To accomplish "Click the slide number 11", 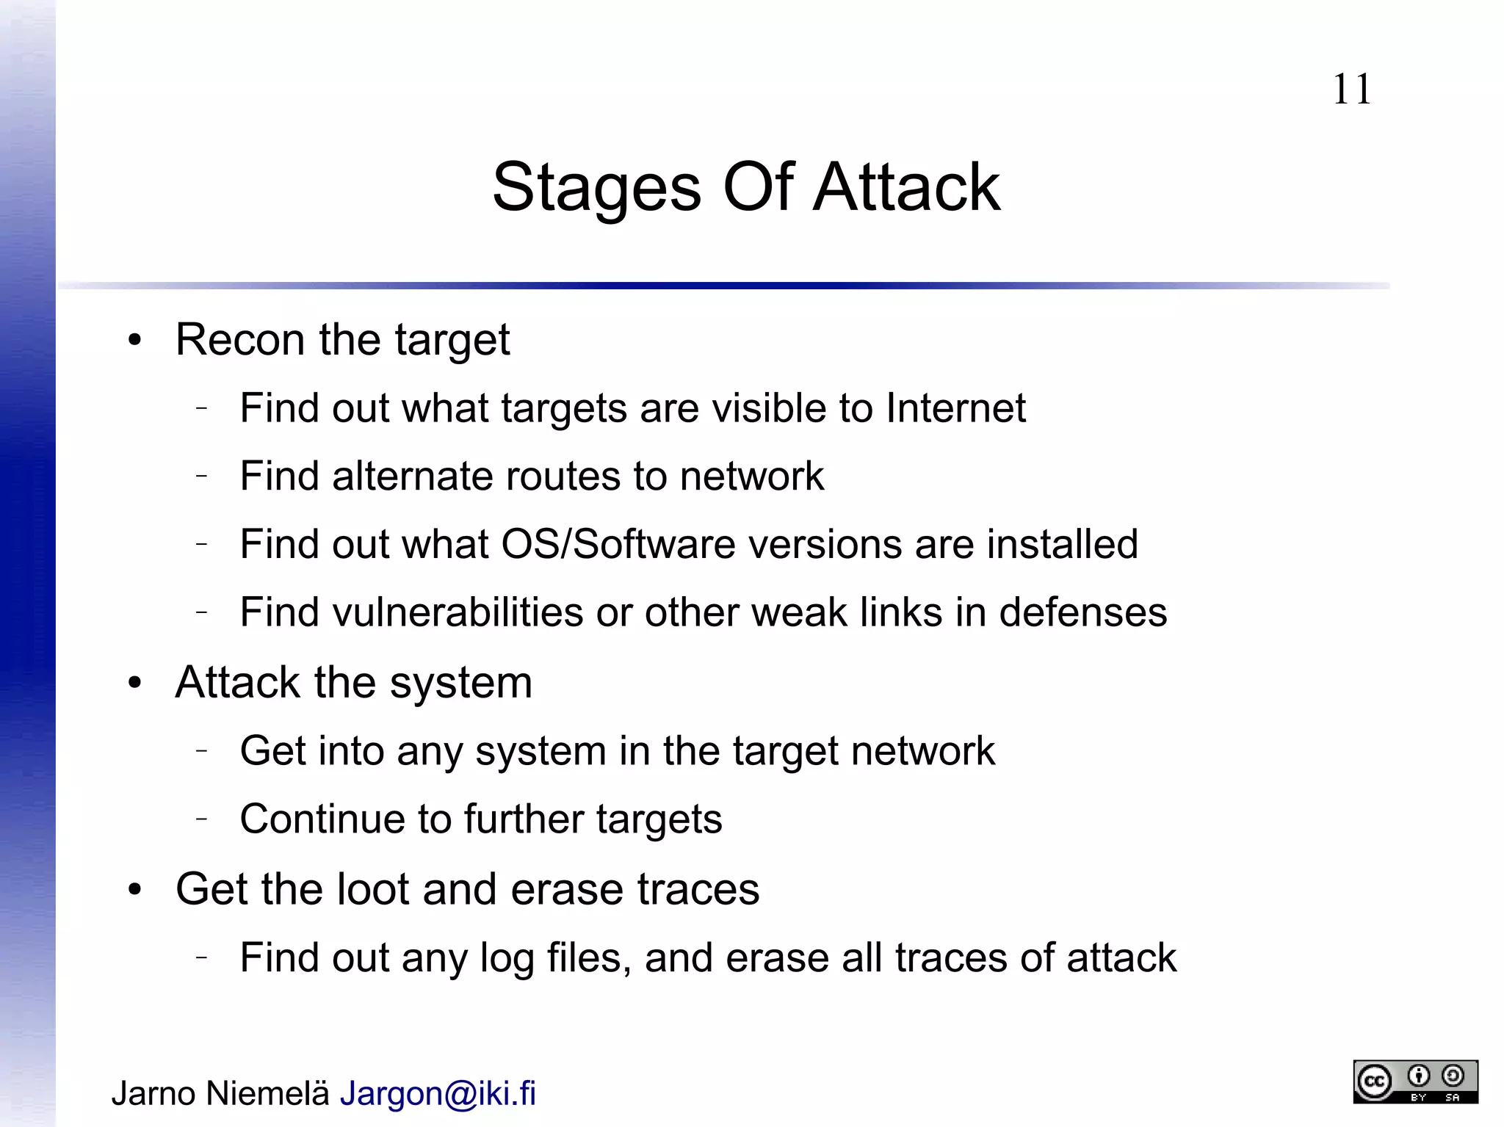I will click(1351, 90).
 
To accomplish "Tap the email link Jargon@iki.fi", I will click(438, 1093).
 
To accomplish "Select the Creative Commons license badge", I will click(1415, 1081).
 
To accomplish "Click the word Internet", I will click(955, 408).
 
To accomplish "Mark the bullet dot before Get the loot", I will click(134, 890).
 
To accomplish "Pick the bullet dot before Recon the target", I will click(134, 341).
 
